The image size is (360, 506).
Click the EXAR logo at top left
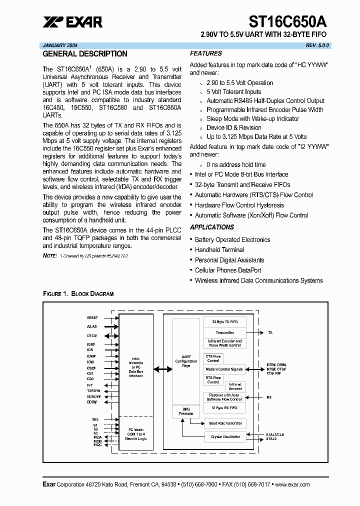click(72, 21)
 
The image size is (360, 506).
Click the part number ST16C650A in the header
click(288, 21)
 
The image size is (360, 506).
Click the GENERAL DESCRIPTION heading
click(85, 54)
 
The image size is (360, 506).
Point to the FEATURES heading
click(206, 53)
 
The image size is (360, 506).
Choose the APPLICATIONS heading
click(212, 227)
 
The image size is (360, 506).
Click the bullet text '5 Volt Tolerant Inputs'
click(233, 92)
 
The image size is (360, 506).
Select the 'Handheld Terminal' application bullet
click(219, 250)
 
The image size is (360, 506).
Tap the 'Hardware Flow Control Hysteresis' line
click(239, 205)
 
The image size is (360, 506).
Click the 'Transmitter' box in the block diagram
click(224, 332)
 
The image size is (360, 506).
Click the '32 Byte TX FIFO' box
click(224, 321)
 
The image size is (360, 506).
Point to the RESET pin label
click(93, 317)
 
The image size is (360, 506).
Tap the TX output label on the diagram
click(270, 332)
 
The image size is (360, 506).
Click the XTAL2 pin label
click(271, 438)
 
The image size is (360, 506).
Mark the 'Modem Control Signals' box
click(224, 369)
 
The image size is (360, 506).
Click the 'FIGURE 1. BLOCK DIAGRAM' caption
click(78, 294)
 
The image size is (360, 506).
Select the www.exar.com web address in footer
click(292, 484)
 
